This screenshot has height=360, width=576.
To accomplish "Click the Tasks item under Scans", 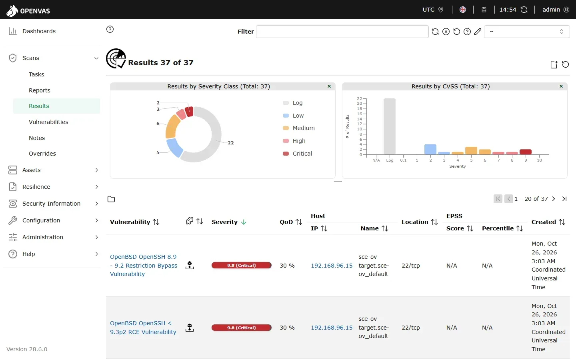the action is pyautogui.click(x=36, y=74).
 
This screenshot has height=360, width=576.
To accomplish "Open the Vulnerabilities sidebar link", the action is pyautogui.click(x=48, y=122).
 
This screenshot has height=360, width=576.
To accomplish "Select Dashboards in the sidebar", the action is pyautogui.click(x=39, y=31).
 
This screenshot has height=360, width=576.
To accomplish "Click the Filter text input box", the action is pyautogui.click(x=342, y=32).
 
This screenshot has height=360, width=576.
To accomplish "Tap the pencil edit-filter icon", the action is pyautogui.click(x=478, y=32).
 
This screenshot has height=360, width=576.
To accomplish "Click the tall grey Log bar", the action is pyautogui.click(x=390, y=126).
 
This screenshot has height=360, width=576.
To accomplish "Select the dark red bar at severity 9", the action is pyautogui.click(x=526, y=152).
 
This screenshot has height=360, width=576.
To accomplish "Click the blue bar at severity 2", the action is pyautogui.click(x=430, y=149).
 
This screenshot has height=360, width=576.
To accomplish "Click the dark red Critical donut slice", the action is pyautogui.click(x=189, y=112).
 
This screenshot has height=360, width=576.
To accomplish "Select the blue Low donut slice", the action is pyautogui.click(x=174, y=147).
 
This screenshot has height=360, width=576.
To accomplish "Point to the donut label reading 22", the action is pyautogui.click(x=231, y=143).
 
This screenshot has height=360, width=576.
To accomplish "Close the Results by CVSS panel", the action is pyautogui.click(x=561, y=86).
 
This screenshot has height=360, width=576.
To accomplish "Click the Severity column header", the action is pyautogui.click(x=224, y=222).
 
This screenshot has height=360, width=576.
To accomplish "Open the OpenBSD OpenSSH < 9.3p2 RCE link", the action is pyautogui.click(x=143, y=328).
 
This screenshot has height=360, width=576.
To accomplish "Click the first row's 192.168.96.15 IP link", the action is pyautogui.click(x=332, y=266).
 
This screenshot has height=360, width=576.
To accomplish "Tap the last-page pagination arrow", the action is pyautogui.click(x=564, y=199).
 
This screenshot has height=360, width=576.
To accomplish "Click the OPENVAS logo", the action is pyautogui.click(x=28, y=10).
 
